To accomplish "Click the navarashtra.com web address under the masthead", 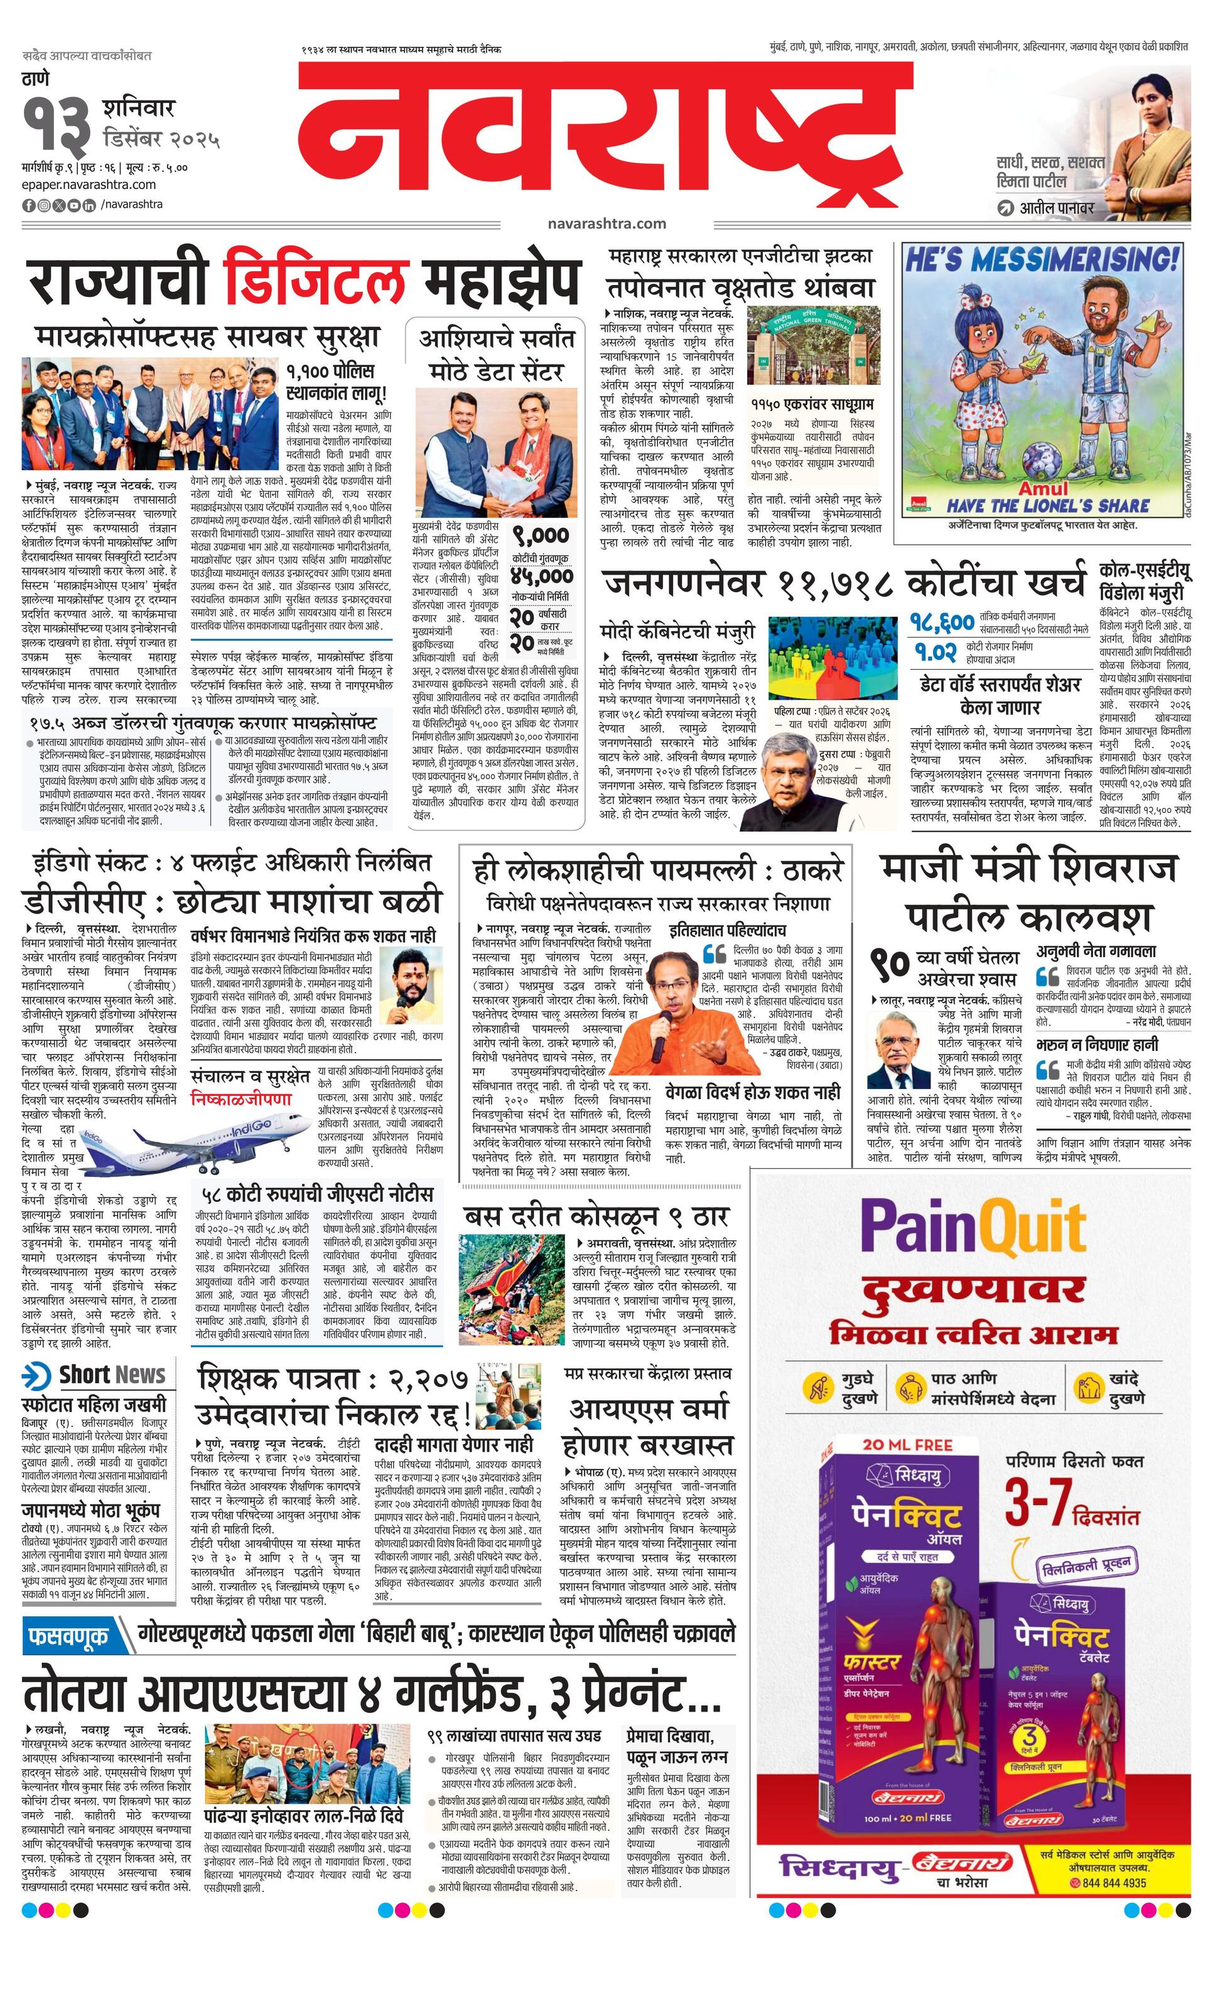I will click(x=605, y=223).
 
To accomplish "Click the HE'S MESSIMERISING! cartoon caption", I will click(x=1042, y=261).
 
